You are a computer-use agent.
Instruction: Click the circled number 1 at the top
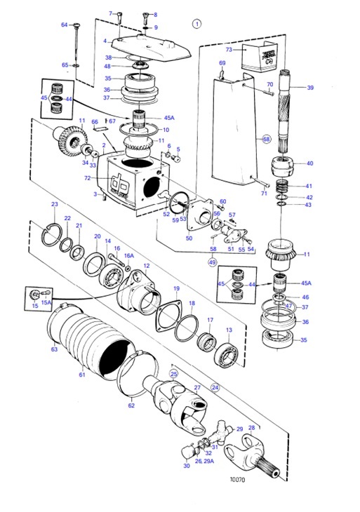[x=197, y=22]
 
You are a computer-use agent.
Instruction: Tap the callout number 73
[x=229, y=50]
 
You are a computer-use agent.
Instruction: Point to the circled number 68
[x=267, y=139]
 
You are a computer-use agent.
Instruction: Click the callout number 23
[x=55, y=204]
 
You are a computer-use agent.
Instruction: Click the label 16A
[x=128, y=257]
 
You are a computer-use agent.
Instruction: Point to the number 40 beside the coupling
[x=310, y=163]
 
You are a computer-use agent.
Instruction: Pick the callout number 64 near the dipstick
[x=64, y=25]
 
